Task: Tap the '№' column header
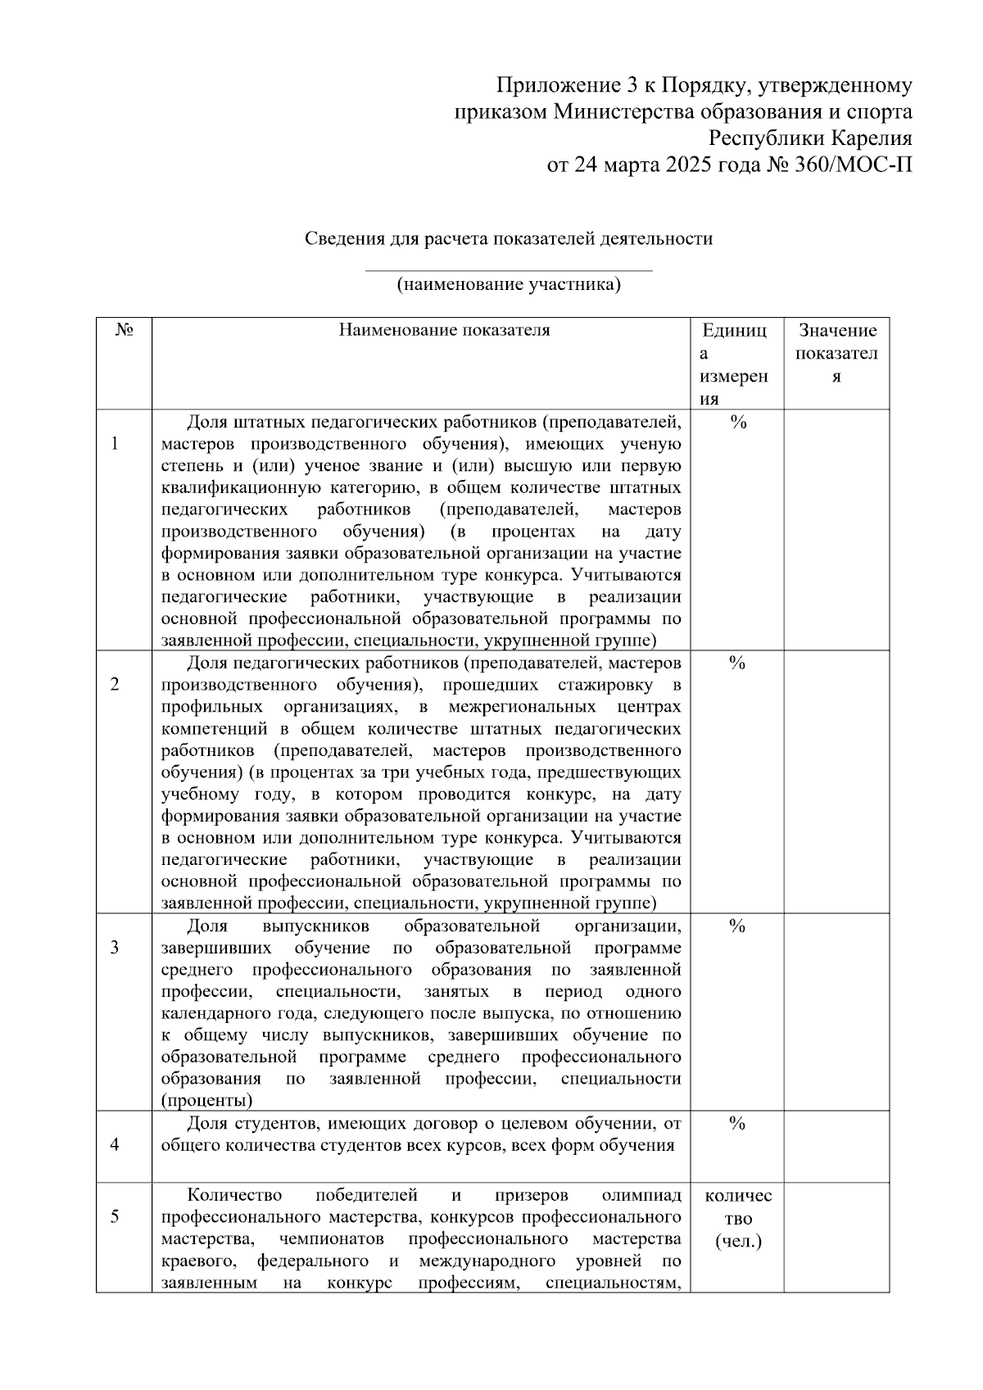click(x=125, y=330)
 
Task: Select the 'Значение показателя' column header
click(x=836, y=354)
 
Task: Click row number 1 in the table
click(x=115, y=444)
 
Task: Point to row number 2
click(x=115, y=685)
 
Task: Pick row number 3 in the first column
click(x=115, y=948)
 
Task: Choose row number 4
click(x=115, y=1145)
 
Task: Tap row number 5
click(x=115, y=1216)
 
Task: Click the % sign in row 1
click(x=736, y=423)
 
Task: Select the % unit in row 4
click(x=736, y=1124)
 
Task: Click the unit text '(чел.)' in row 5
click(x=737, y=1241)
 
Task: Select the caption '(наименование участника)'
click(x=509, y=285)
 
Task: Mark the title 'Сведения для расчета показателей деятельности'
click(x=509, y=238)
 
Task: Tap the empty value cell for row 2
click(x=836, y=782)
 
